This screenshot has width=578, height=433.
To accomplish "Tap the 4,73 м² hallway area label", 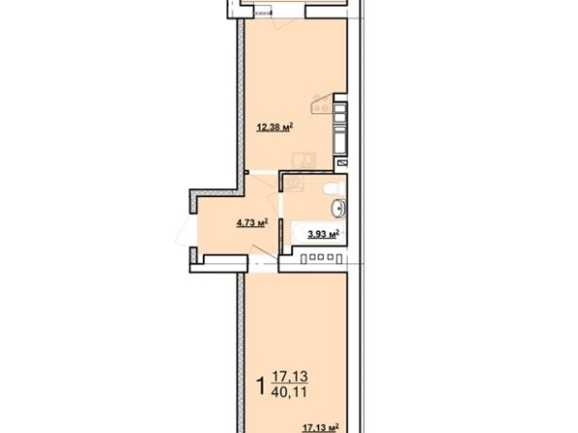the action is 253,222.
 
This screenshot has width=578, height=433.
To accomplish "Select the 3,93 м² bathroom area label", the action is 323,233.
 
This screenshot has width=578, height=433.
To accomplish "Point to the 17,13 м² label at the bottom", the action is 320,427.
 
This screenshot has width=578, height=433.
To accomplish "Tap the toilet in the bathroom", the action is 334,188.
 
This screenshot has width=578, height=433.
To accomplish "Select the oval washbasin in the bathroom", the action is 338,209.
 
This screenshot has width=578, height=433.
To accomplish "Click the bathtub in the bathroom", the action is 318,233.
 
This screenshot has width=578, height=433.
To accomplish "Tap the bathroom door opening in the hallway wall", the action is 280,205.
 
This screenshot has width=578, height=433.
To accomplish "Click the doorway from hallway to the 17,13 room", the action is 263,264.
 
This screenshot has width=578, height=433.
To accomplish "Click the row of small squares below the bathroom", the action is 319,257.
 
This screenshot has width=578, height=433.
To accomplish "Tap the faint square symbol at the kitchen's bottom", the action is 305,160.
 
